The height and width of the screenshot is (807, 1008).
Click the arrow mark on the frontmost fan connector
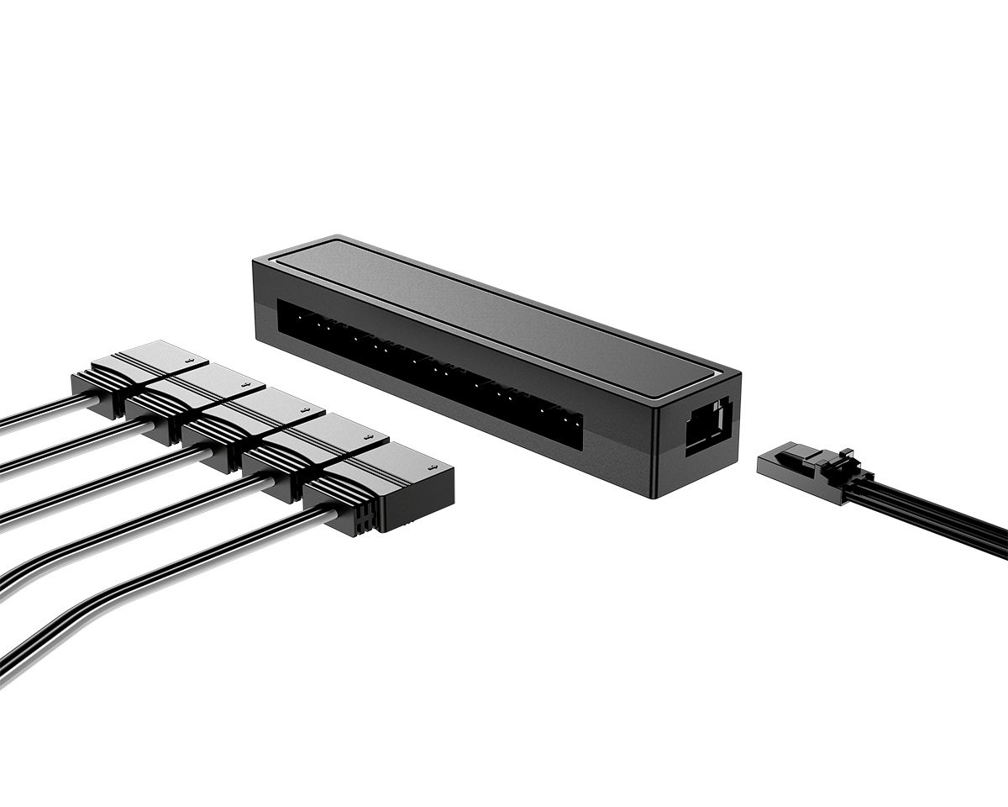tap(432, 467)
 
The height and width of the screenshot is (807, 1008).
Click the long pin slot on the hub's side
tap(428, 370)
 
